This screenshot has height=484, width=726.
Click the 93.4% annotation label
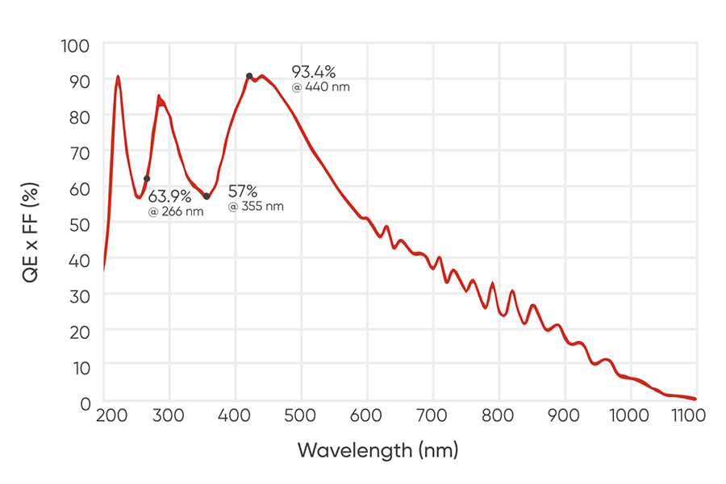pos(313,72)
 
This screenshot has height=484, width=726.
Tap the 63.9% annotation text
pos(169,196)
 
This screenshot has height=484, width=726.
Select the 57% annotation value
pos(242,191)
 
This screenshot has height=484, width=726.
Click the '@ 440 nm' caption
pos(321,87)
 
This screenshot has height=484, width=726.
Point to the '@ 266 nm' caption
pos(176,211)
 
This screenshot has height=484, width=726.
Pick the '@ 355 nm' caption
pos(256,207)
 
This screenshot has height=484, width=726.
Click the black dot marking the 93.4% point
pos(249,76)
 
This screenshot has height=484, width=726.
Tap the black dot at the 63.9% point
pos(147,178)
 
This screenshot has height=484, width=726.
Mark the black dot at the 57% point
pos(207,196)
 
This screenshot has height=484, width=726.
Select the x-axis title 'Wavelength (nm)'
pos(378,449)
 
